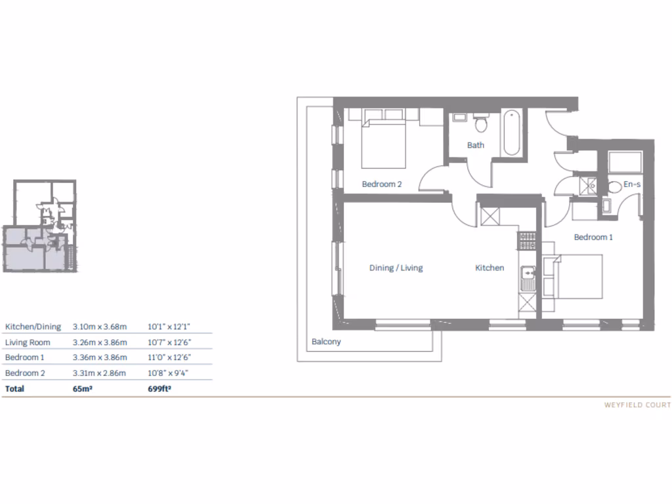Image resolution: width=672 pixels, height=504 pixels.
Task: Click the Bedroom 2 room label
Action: click(x=382, y=184)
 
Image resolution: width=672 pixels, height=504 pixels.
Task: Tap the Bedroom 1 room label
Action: click(x=593, y=237)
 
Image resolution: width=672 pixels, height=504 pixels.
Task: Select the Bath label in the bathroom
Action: click(x=476, y=145)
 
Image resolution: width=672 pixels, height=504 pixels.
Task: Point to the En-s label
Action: click(x=632, y=185)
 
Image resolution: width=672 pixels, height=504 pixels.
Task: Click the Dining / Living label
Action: click(x=396, y=268)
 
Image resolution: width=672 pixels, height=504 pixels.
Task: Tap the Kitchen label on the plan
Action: click(x=490, y=268)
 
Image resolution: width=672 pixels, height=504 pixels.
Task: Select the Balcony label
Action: click(x=326, y=342)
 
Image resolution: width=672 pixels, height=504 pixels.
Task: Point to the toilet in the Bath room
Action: click(x=481, y=123)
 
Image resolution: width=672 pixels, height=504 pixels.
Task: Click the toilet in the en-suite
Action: click(x=615, y=187)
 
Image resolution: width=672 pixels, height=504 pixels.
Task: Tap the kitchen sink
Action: click(x=527, y=279)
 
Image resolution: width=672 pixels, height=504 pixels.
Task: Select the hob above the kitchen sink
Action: click(x=527, y=241)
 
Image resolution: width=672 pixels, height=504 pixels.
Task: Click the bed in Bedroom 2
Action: click(x=385, y=143)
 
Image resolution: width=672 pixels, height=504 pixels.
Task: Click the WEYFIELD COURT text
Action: click(x=637, y=406)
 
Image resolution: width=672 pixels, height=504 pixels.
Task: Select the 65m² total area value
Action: click(x=81, y=389)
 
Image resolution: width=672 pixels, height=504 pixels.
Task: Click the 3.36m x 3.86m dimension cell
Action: click(x=99, y=358)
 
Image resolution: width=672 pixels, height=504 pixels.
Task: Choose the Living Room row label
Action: click(x=28, y=342)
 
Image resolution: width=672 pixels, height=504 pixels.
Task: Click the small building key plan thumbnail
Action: click(x=41, y=226)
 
